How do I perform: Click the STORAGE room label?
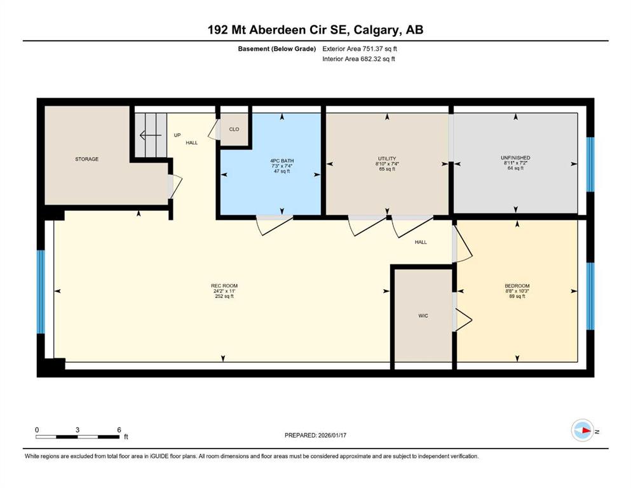point(86,159)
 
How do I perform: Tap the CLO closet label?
point(234,129)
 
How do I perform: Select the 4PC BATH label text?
point(282,161)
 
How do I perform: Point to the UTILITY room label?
point(387,158)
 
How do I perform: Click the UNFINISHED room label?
point(515,158)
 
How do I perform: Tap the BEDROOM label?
point(517,286)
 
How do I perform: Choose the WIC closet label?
point(423,316)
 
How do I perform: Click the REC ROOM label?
point(224,286)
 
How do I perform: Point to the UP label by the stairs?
point(177,135)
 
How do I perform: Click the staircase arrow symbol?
point(151,135)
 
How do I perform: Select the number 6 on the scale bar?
point(119,430)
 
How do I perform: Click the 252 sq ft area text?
point(224,296)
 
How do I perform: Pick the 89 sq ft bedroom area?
point(517,296)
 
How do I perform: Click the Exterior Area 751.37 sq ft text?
point(360,49)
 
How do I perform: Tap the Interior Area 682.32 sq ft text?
point(358,58)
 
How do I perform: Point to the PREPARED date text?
point(315,435)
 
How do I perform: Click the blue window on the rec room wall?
point(41,292)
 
